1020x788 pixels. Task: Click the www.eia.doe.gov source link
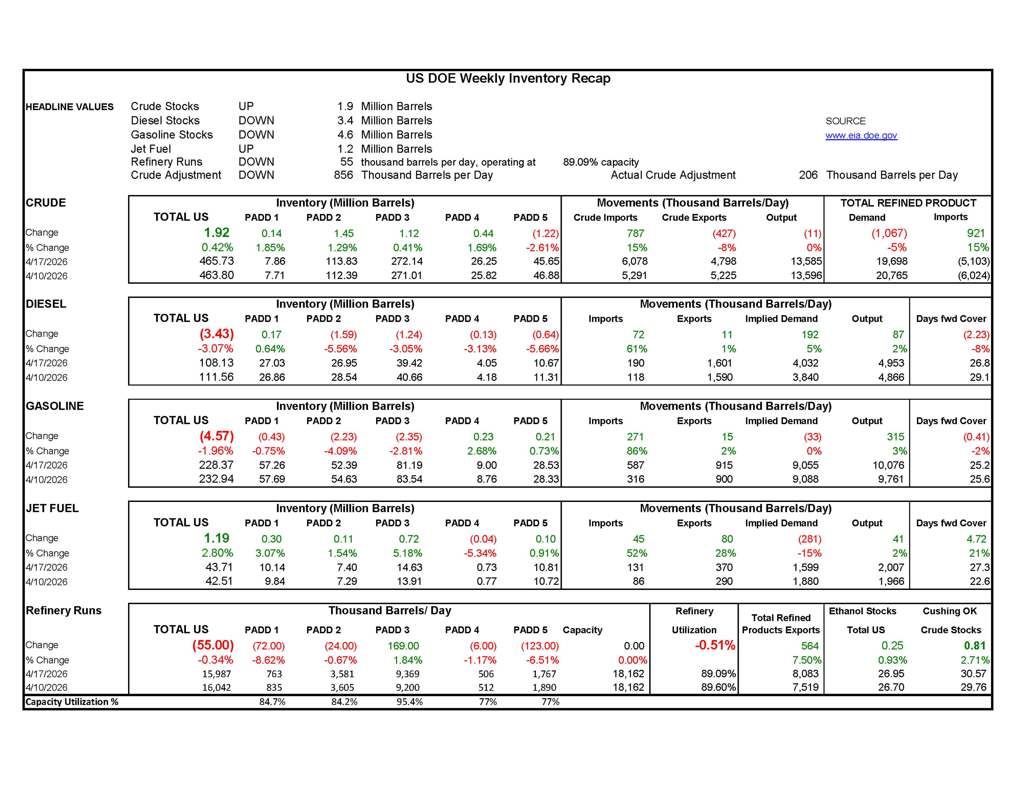tap(861, 135)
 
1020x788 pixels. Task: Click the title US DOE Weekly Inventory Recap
tap(508, 78)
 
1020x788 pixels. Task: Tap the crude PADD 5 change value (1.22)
tap(545, 233)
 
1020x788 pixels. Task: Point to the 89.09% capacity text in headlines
tap(601, 162)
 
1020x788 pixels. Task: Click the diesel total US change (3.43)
tap(216, 334)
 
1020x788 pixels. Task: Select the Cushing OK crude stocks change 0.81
tap(974, 646)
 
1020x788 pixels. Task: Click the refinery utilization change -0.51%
tap(715, 646)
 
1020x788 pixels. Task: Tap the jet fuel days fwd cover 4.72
tap(976, 539)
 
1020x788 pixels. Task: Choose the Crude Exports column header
tap(694, 218)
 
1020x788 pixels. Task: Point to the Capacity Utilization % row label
tap(71, 702)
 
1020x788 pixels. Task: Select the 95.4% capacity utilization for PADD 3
tap(409, 702)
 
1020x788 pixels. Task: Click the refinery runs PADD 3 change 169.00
tap(403, 646)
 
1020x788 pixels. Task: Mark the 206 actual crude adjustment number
tap(808, 175)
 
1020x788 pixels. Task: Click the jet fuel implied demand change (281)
tap(809, 539)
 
